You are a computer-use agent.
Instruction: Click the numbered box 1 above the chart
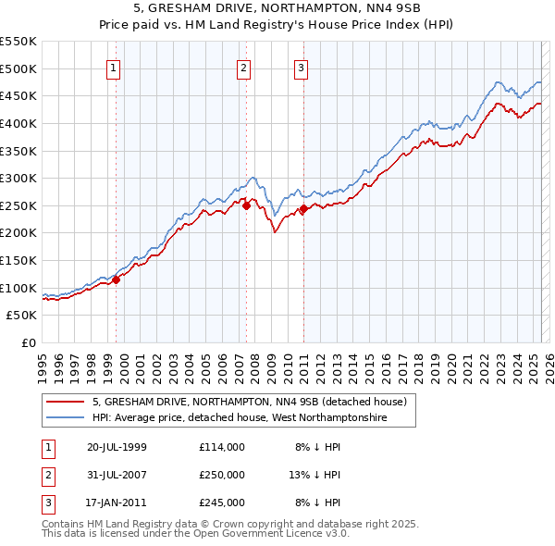point(113,67)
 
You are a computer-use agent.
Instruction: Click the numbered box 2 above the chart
point(243,67)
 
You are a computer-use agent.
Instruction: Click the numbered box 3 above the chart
point(302,67)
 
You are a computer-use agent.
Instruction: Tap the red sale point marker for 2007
point(247,206)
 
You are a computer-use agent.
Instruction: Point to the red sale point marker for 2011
point(303,209)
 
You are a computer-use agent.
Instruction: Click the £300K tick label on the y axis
point(18,178)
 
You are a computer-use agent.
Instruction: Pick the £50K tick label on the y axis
point(22,316)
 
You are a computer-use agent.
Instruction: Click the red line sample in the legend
point(65,402)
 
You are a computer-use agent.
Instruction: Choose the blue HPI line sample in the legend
point(65,418)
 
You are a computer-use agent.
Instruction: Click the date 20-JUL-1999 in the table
point(117,447)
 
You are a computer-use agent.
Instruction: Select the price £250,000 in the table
point(221,475)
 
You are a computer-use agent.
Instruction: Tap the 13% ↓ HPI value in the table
point(315,475)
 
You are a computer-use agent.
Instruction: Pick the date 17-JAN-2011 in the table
point(117,503)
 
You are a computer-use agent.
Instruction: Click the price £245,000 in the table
point(221,503)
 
